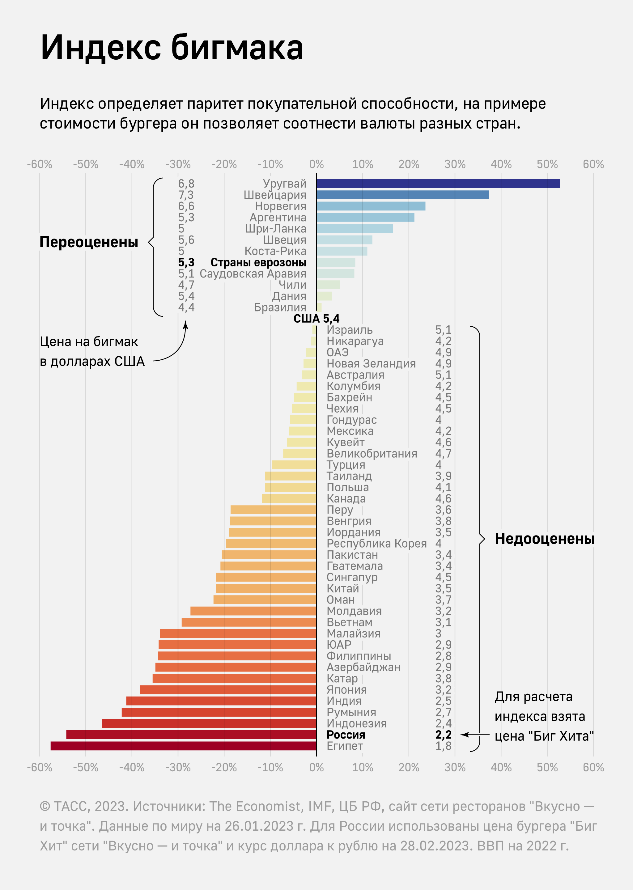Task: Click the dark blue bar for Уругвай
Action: tap(438, 184)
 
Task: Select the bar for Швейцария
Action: tap(402, 195)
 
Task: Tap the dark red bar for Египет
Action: tap(183, 746)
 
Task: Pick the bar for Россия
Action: tap(191, 735)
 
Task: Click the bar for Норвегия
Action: tap(371, 206)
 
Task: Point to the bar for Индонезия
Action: tap(209, 723)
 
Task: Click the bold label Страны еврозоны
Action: tap(258, 262)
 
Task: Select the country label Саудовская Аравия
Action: tap(253, 273)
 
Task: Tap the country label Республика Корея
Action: tap(376, 544)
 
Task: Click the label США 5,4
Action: tap(316, 319)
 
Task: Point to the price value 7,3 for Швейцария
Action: tap(186, 195)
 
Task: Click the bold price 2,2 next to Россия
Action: tap(443, 735)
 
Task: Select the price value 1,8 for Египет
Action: tap(443, 746)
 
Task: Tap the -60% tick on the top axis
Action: tap(39, 164)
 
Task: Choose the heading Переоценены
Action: tap(89, 242)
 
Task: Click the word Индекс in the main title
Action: tap(100, 48)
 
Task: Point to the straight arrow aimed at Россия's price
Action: tap(474, 735)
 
